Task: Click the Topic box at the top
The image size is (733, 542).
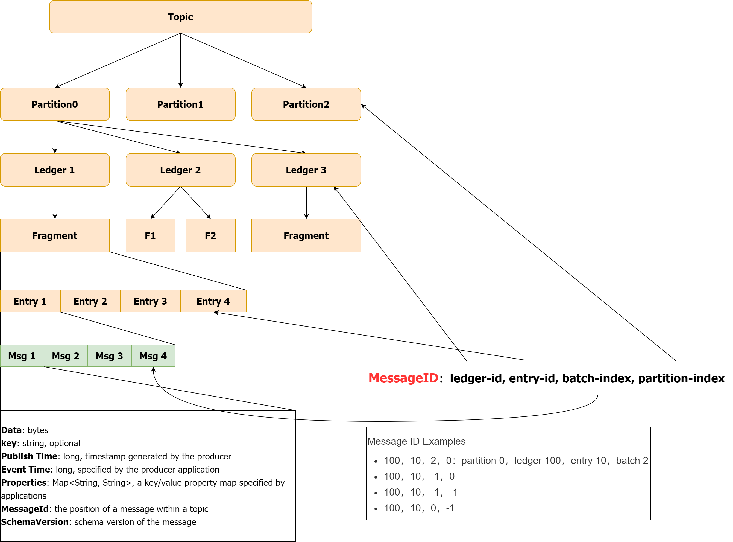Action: click(180, 17)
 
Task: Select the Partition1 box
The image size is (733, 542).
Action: click(180, 104)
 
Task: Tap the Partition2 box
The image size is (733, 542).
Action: click(306, 104)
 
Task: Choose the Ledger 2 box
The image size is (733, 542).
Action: click(180, 170)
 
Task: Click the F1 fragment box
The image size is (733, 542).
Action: click(151, 235)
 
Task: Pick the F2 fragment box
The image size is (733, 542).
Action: click(210, 235)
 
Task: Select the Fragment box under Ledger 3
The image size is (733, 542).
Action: click(306, 235)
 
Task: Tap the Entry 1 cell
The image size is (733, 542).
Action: click(30, 301)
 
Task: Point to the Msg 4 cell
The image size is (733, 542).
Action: click(153, 356)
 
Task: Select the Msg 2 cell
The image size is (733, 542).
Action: click(66, 356)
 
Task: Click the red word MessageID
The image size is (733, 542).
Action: click(403, 378)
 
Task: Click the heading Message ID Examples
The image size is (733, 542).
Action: click(416, 441)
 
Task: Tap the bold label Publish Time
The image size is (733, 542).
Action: click(29, 456)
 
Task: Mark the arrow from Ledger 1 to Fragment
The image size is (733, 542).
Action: click(55, 202)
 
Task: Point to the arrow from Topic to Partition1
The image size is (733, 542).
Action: click(180, 61)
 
